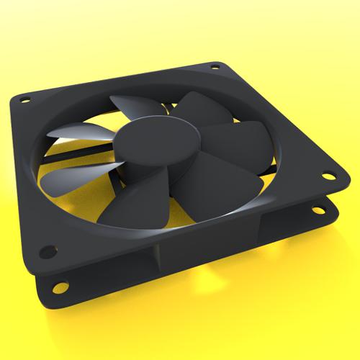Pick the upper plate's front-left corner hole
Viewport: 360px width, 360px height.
pos(48,251)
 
